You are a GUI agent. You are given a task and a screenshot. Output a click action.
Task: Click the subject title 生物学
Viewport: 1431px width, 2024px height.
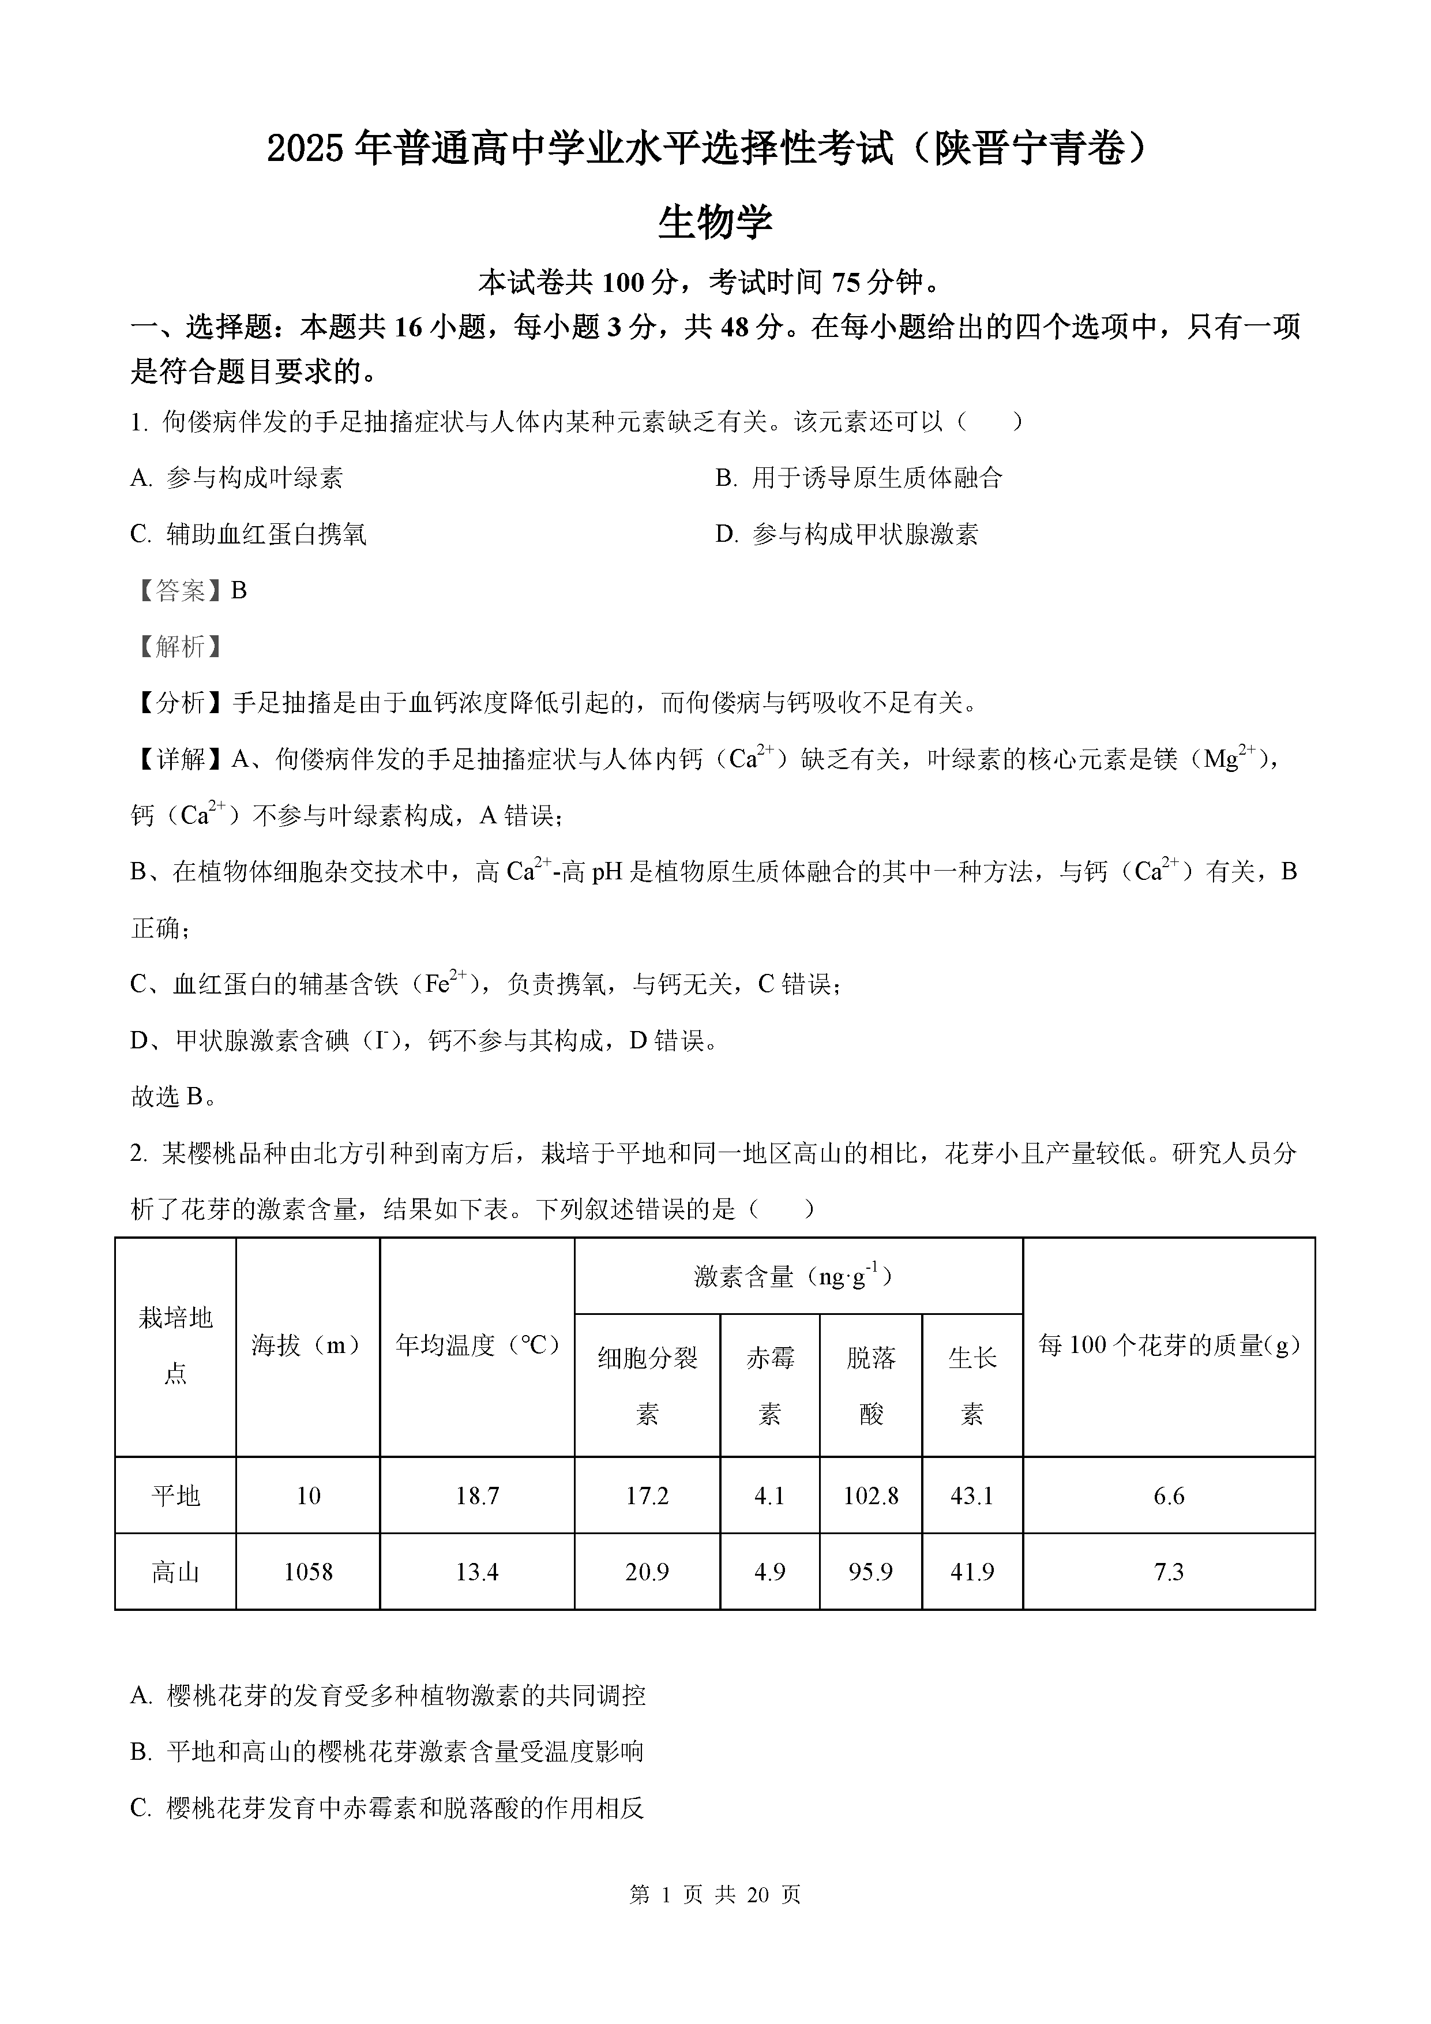pos(715,222)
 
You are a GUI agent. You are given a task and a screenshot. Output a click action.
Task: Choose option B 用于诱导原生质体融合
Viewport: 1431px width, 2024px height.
pos(859,478)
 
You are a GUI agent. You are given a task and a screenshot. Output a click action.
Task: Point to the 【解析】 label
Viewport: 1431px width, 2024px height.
pos(178,647)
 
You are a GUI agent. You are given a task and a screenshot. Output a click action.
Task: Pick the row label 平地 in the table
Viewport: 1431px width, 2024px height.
pos(175,1496)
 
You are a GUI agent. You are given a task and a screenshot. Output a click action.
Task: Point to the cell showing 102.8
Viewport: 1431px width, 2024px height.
pos(870,1496)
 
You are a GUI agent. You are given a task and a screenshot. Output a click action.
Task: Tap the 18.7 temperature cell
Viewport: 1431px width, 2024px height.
pos(476,1496)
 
